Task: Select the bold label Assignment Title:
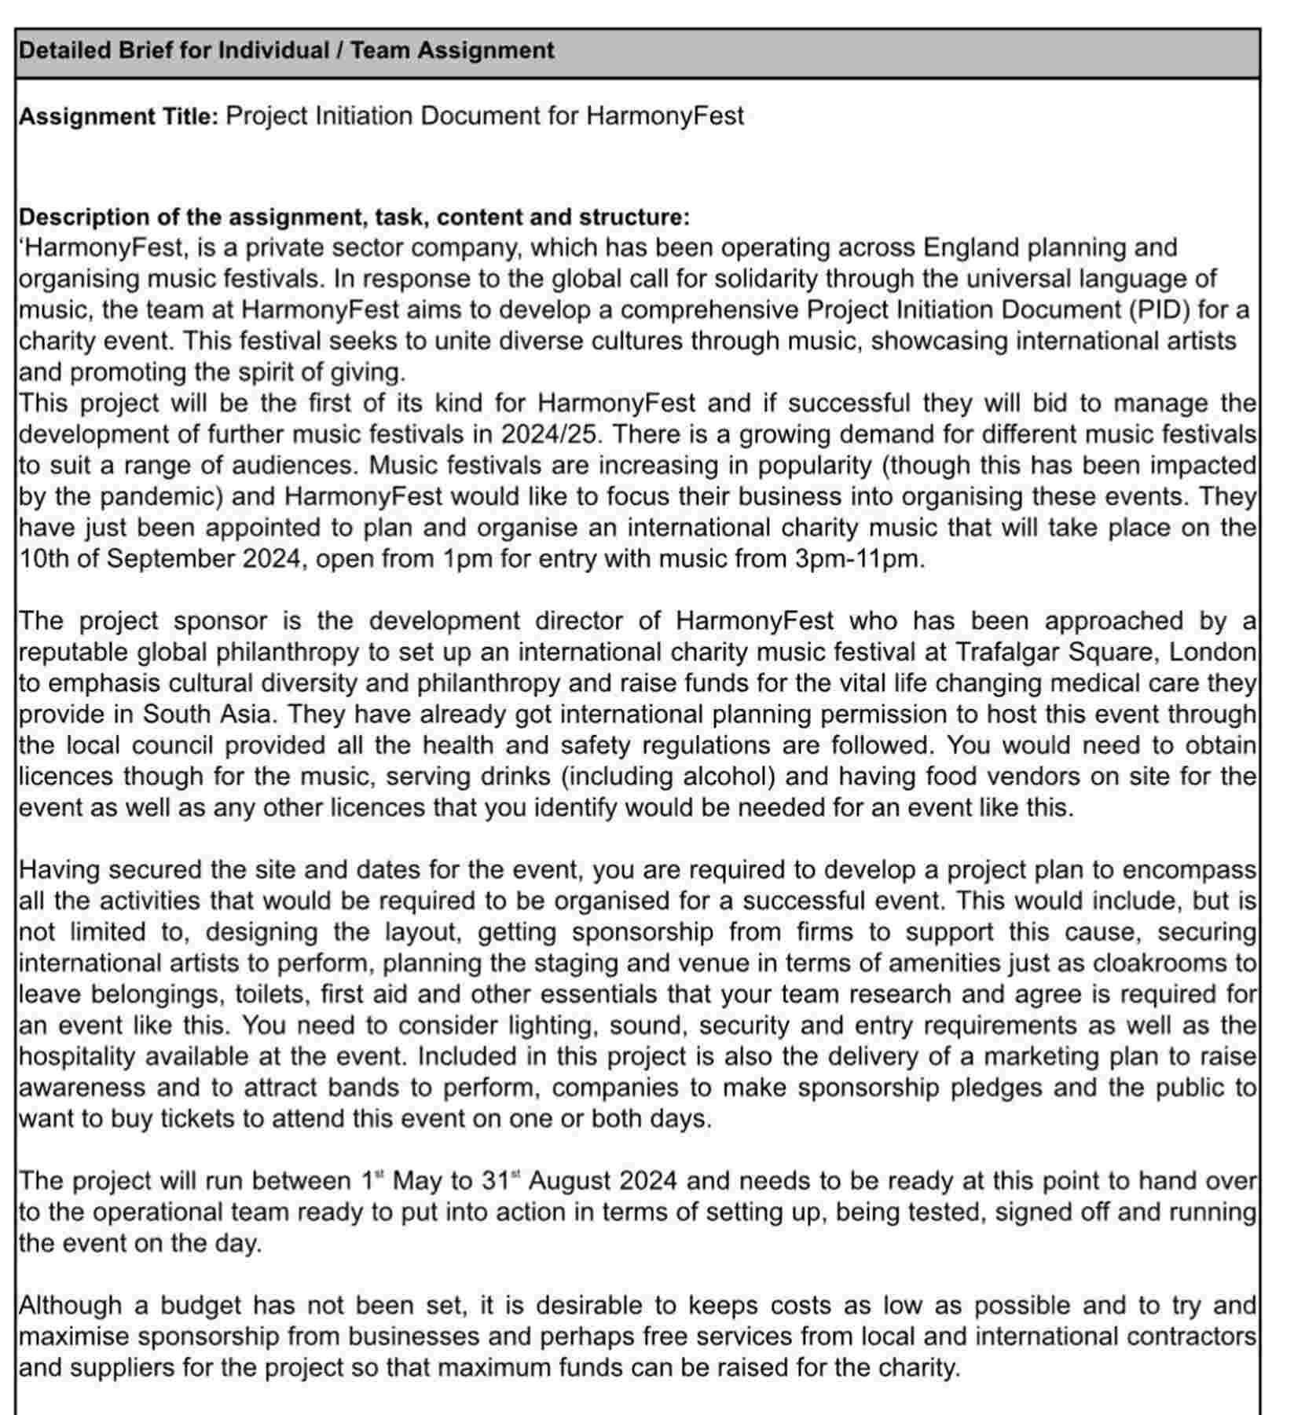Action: [118, 116]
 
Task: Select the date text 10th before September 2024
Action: [42, 558]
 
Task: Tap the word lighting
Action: [553, 1025]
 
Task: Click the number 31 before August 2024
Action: [496, 1181]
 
